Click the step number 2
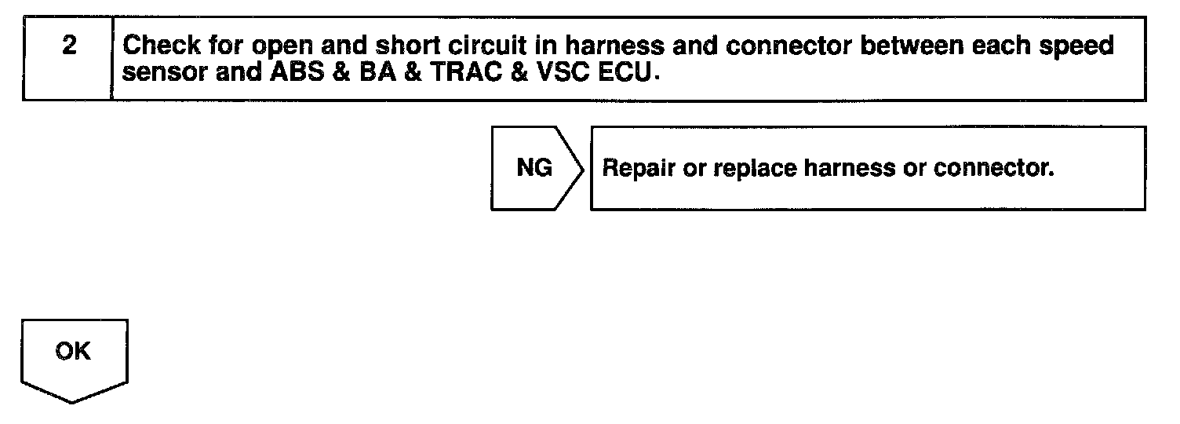pyautogui.click(x=69, y=46)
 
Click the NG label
pyautogui.click(x=534, y=168)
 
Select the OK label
pyautogui.click(x=73, y=352)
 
